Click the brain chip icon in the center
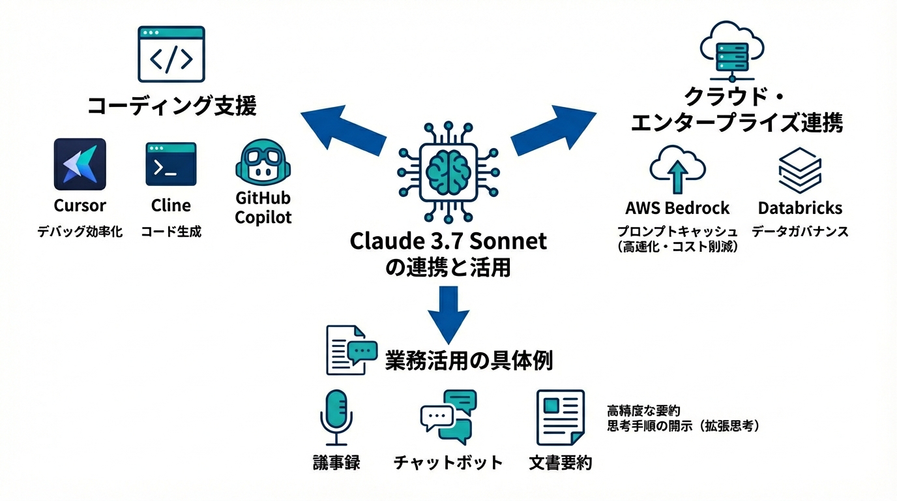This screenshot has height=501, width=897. point(448,171)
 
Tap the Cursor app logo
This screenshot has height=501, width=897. point(80,164)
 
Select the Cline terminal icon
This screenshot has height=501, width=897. point(171,164)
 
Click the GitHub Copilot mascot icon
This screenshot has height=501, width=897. point(263,163)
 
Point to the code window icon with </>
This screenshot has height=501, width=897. point(171,54)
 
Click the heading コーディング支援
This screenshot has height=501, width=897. point(172,106)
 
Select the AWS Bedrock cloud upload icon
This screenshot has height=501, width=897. point(678,168)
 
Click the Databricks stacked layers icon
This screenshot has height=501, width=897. point(800,169)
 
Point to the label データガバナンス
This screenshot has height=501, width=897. point(800,232)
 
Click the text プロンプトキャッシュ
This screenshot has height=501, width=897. point(678,232)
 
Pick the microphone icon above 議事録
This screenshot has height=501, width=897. point(336,418)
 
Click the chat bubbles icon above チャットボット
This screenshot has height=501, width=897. point(448,417)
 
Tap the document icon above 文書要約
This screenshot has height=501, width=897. point(560,417)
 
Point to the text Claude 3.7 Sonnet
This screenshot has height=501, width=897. point(448,241)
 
